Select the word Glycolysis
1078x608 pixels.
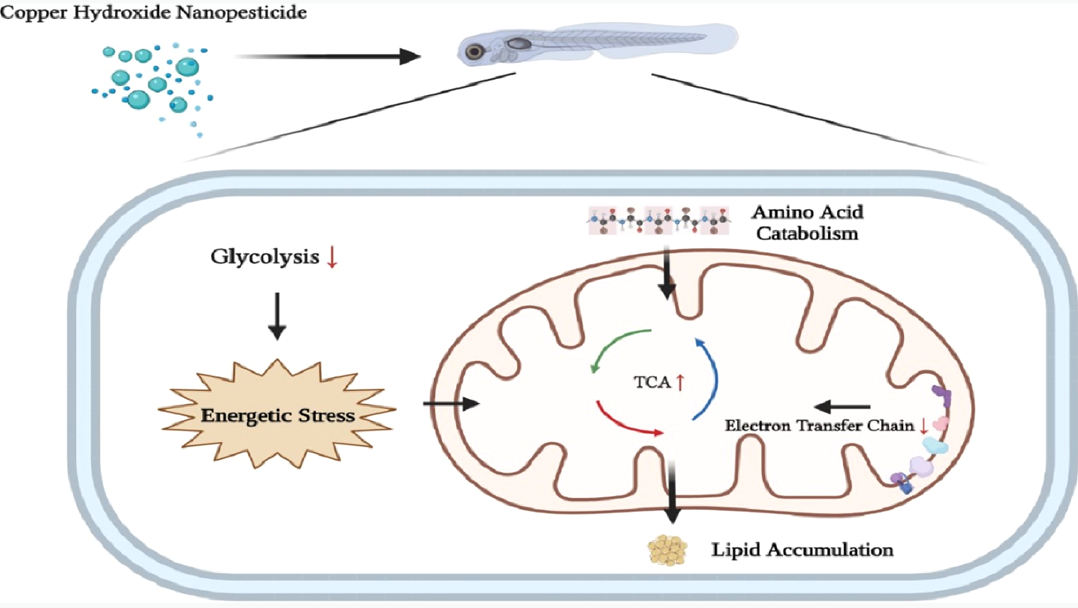pyautogui.click(x=265, y=257)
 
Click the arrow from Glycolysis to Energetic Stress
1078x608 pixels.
pyautogui.click(x=277, y=316)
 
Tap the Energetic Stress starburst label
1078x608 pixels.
pyautogui.click(x=278, y=415)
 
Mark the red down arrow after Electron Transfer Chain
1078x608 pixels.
pyautogui.click(x=923, y=426)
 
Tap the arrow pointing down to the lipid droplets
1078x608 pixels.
pyautogui.click(x=672, y=494)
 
